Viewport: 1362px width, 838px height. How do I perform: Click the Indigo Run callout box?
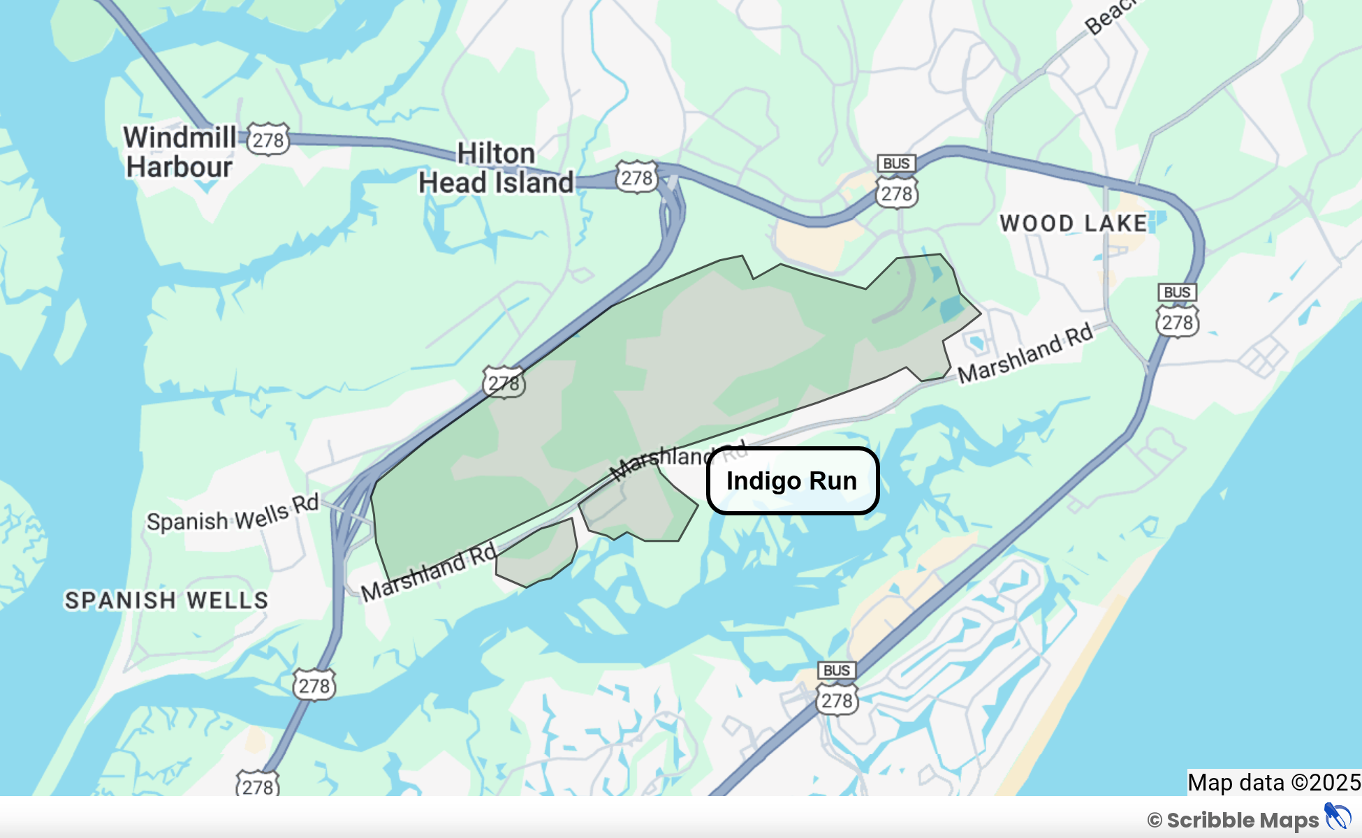point(792,481)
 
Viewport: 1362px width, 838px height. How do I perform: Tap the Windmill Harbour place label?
point(180,152)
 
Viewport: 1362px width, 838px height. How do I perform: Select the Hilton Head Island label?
point(496,168)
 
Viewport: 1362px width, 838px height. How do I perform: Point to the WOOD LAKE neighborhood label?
point(1074,223)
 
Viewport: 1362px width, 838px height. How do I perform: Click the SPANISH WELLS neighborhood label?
point(166,600)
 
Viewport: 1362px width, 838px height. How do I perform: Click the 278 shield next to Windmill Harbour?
point(268,140)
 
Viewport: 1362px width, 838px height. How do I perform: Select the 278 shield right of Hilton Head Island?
point(636,178)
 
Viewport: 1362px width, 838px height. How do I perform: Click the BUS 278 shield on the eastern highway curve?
point(1178,311)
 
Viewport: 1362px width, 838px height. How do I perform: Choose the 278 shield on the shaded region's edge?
point(504,382)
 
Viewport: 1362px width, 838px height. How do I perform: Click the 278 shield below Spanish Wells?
point(314,685)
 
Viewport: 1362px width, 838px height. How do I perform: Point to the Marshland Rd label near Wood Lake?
point(1025,353)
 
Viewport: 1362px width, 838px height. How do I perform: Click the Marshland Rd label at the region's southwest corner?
point(428,572)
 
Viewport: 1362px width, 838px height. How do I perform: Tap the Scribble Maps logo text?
point(1242,820)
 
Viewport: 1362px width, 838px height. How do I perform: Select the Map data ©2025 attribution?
point(1274,782)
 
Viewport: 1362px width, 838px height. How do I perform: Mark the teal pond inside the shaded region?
point(951,308)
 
